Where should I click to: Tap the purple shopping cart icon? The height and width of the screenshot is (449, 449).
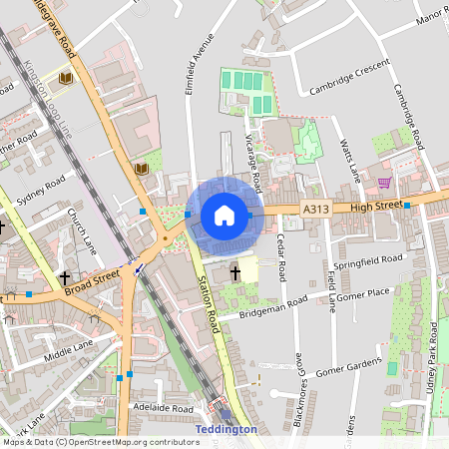[x=384, y=183]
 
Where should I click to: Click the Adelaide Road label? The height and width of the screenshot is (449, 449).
[x=162, y=408]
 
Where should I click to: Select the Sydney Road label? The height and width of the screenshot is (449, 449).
[x=42, y=187]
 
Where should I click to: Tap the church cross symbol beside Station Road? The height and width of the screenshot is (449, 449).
[x=236, y=271]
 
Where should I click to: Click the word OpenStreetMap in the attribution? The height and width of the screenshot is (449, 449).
[x=105, y=441]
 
